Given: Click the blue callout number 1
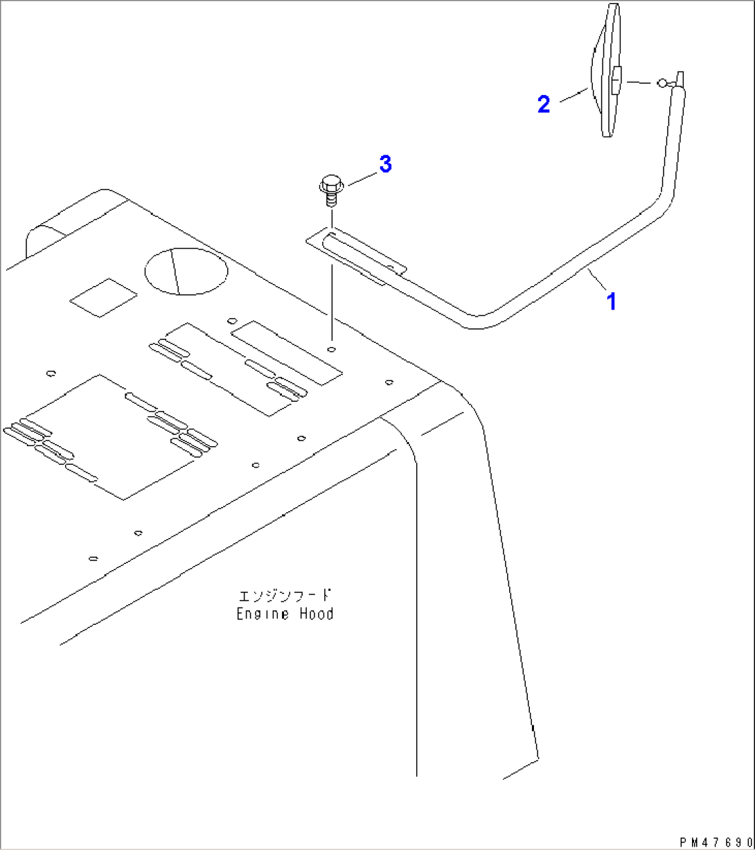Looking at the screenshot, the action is tap(612, 301).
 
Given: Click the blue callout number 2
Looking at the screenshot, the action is tap(544, 104).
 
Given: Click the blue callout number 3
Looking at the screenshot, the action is tap(386, 163).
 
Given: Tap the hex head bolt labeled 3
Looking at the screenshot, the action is tap(332, 190).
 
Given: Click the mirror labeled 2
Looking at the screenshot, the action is tap(605, 71).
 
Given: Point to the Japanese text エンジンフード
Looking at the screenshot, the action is tap(285, 595).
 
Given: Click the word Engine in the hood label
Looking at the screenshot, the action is tap(263, 614).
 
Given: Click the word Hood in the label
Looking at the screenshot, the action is tap(317, 614).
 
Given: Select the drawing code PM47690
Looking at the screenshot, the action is tap(716, 842).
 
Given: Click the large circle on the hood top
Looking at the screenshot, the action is tap(186, 271).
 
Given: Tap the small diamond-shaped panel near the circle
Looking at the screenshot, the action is tap(103, 298).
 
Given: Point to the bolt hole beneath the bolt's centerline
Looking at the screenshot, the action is tap(331, 349).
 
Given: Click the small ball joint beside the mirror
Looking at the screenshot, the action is tap(662, 83).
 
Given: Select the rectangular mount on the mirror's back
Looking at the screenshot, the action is tap(616, 80).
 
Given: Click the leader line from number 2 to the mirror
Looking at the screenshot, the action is tap(574, 95).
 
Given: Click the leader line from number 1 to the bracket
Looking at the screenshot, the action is tap(597, 281).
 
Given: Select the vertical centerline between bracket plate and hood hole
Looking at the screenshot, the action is tap(332, 303).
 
